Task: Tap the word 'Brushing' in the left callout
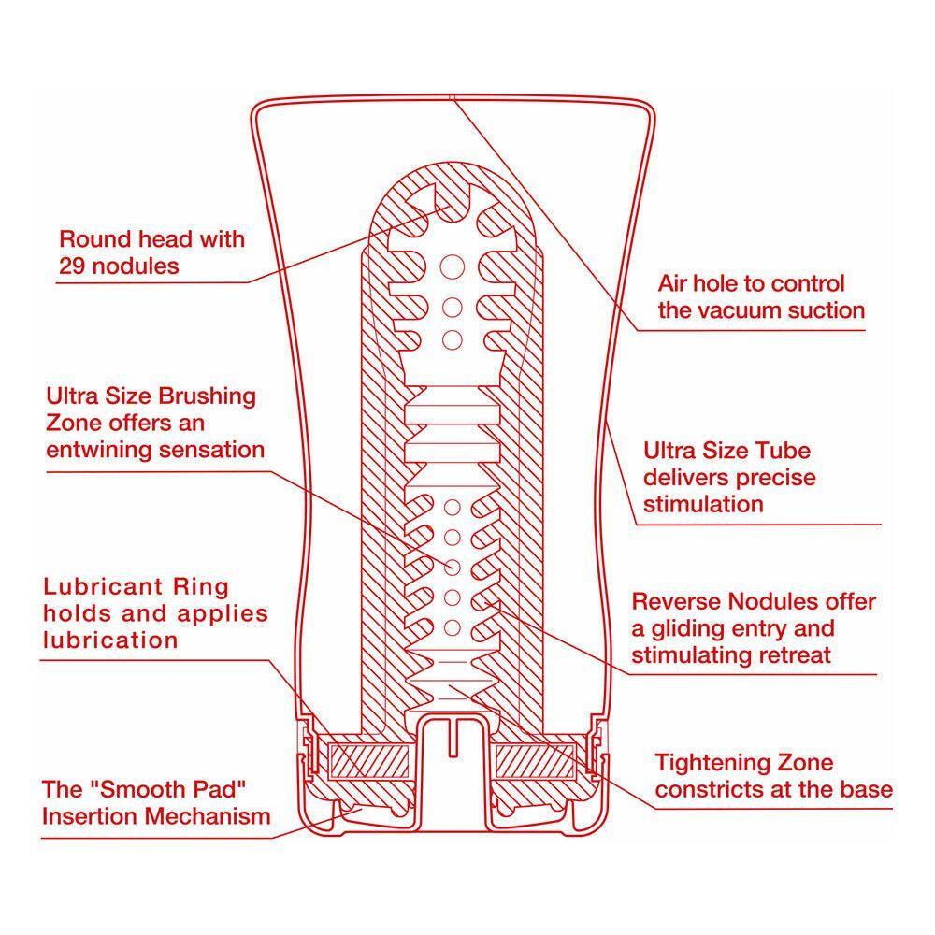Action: coord(204,396)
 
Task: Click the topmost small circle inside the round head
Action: coord(452,266)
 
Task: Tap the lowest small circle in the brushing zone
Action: coord(452,626)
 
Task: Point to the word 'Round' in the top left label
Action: coord(93,238)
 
